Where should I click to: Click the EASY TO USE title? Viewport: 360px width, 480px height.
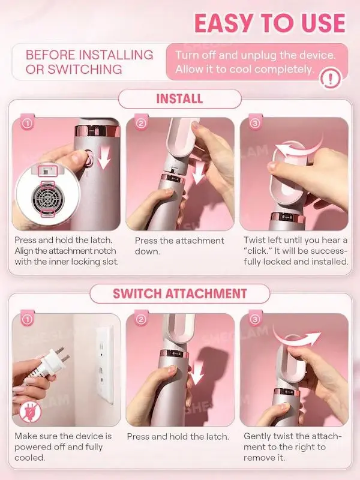[270, 23]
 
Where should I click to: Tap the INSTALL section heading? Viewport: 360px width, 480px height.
[179, 99]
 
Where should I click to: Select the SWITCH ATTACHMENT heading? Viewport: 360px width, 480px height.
[179, 293]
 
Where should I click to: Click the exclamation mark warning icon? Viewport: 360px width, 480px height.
[331, 79]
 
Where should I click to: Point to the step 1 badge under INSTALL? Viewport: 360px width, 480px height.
[28, 124]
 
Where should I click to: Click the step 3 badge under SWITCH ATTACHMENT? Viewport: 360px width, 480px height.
[255, 319]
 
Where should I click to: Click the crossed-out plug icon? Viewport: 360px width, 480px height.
[29, 411]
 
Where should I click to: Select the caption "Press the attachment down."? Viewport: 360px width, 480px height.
[179, 246]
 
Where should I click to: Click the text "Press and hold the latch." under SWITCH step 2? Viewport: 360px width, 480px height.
[178, 437]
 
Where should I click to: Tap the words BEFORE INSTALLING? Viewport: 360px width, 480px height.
[89, 55]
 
